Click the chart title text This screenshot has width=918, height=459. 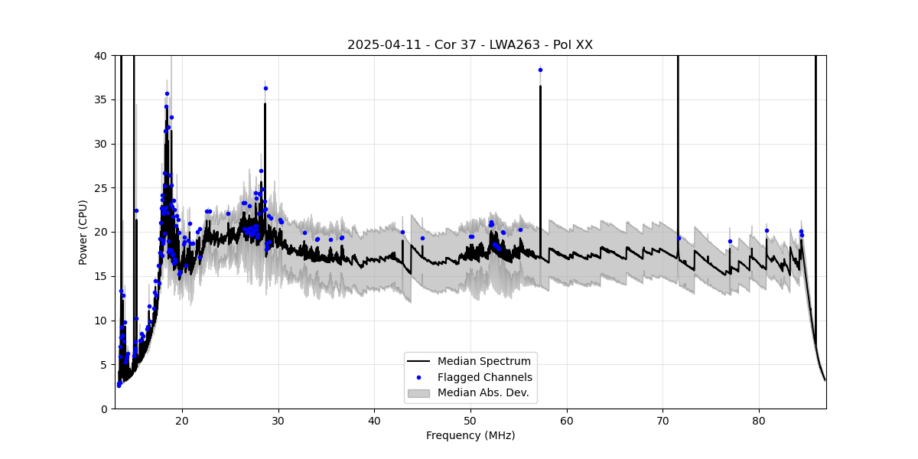(470, 45)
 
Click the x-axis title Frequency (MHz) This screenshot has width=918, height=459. (470, 435)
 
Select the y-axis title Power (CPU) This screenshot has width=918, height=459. (83, 232)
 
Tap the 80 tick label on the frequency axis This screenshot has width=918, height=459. (759, 420)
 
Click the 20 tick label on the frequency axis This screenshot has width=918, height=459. (182, 420)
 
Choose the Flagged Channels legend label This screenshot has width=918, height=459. (484, 377)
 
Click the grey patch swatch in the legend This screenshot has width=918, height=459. (418, 393)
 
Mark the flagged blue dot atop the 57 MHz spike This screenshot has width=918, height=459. (540, 70)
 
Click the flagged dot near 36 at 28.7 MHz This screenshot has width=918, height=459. (265, 88)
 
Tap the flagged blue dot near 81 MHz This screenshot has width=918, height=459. (767, 230)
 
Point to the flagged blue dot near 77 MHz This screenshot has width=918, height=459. (730, 241)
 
